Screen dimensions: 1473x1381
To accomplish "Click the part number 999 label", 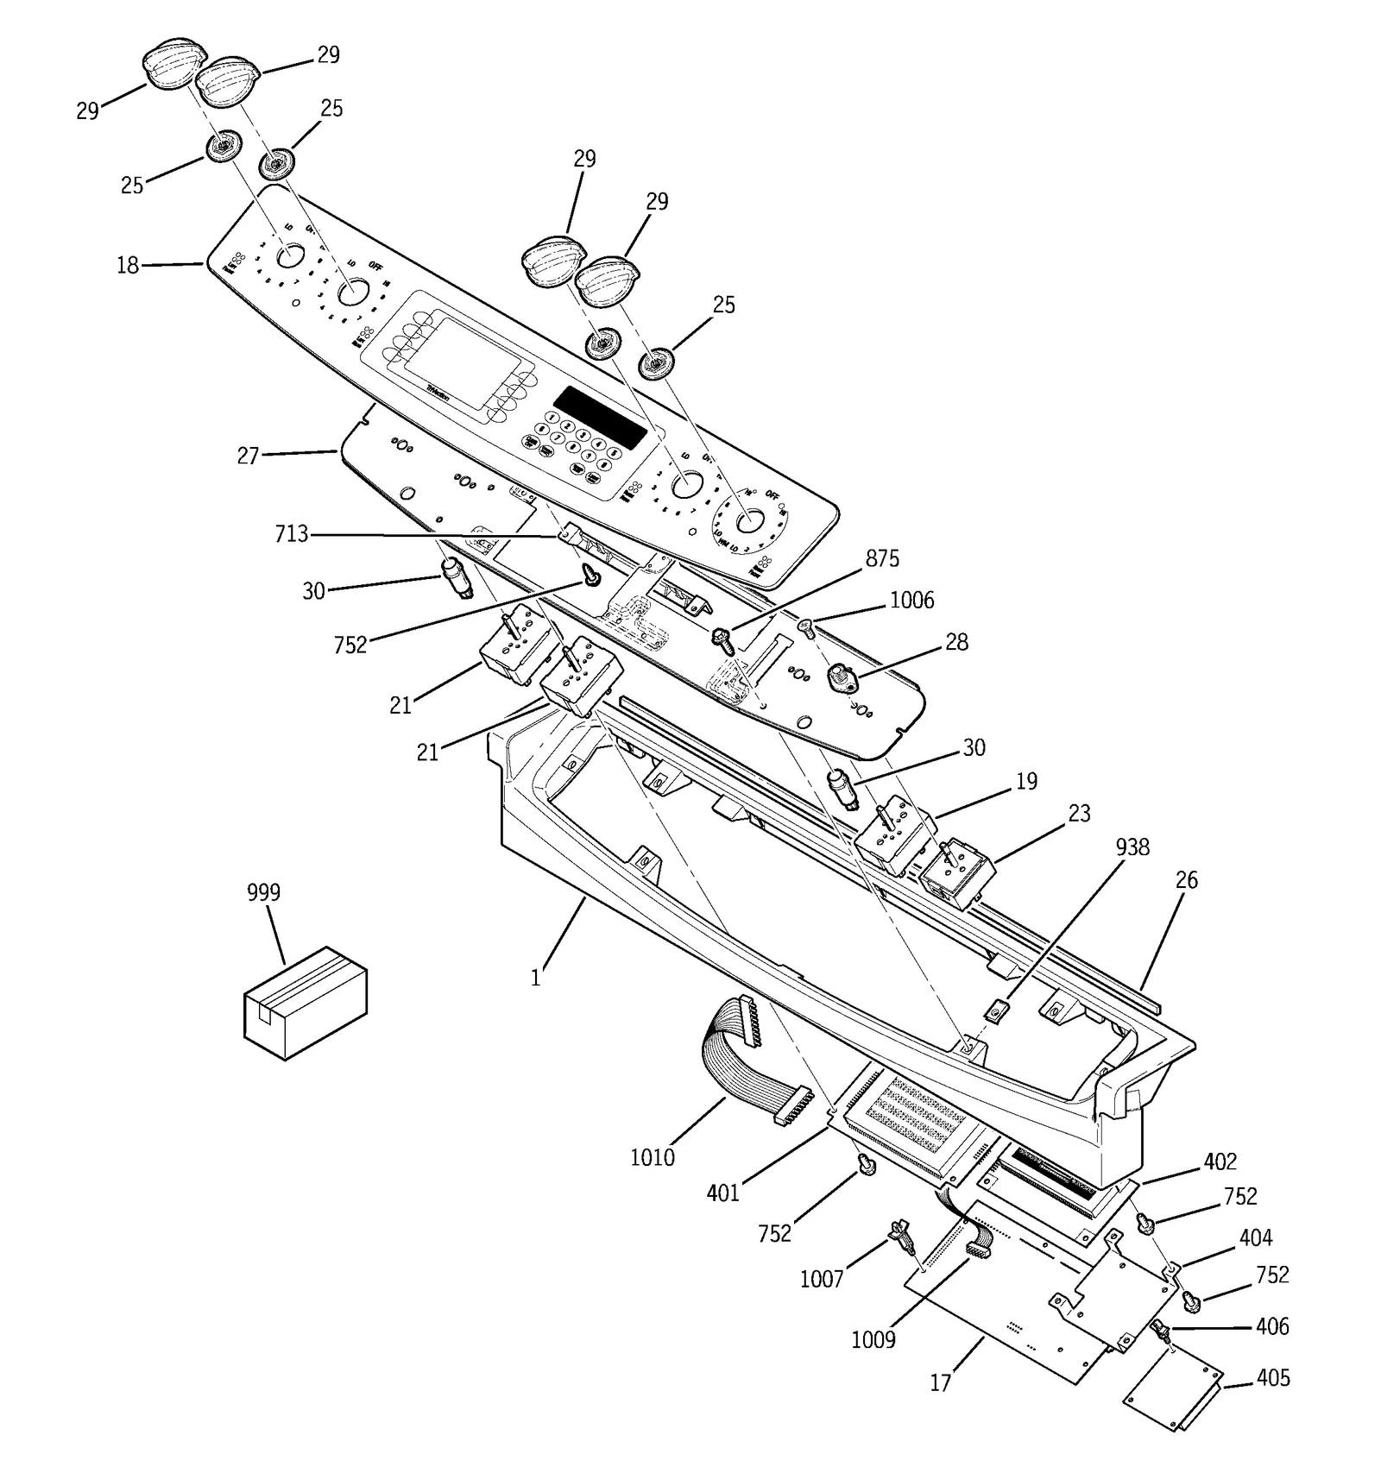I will [263, 892].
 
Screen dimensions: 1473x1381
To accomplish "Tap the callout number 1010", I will [652, 1157].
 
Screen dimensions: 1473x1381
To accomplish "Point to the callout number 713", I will [291, 535].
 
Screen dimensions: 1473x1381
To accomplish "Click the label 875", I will [882, 559].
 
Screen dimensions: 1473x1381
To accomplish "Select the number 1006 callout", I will [911, 601].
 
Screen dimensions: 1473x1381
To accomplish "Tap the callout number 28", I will [956, 642].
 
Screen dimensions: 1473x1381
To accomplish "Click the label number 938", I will [1132, 847].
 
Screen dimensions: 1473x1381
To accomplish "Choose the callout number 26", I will [1187, 880].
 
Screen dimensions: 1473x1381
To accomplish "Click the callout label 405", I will [1273, 1378].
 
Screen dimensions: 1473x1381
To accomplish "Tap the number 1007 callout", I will [821, 1279].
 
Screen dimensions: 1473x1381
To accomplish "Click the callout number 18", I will [128, 266].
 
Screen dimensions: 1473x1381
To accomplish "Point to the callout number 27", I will [248, 456].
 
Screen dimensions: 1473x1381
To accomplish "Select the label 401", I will [722, 1193].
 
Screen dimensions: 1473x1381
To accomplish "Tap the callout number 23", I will [1079, 814].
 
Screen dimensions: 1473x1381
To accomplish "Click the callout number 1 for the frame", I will [535, 979].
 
